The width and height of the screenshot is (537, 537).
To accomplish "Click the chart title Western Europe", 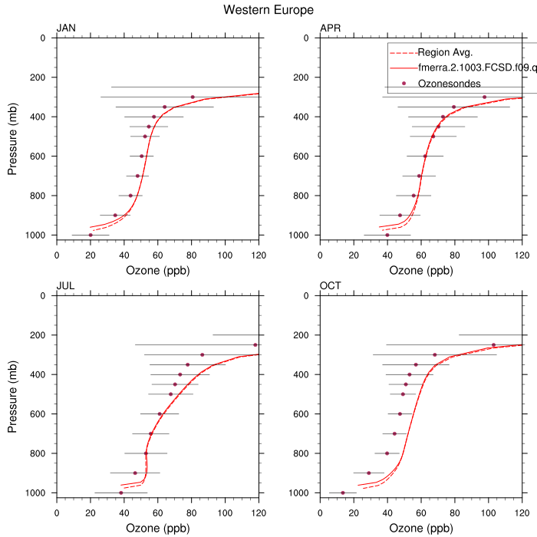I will tap(268, 10).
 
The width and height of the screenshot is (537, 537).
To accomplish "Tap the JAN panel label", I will tap(66, 29).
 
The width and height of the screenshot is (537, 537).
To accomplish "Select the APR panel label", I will tap(331, 29).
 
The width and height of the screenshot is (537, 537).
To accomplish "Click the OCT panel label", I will tap(331, 287).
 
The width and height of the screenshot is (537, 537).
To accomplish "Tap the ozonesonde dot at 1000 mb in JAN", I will tap(91, 235).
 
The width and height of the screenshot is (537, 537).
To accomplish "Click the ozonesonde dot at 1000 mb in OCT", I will tap(343, 493).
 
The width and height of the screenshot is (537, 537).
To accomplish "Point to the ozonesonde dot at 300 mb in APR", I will tap(484, 97).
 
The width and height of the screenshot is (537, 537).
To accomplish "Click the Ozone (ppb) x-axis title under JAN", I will tap(157, 270).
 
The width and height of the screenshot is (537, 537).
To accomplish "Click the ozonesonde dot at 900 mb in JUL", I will tap(135, 473).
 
